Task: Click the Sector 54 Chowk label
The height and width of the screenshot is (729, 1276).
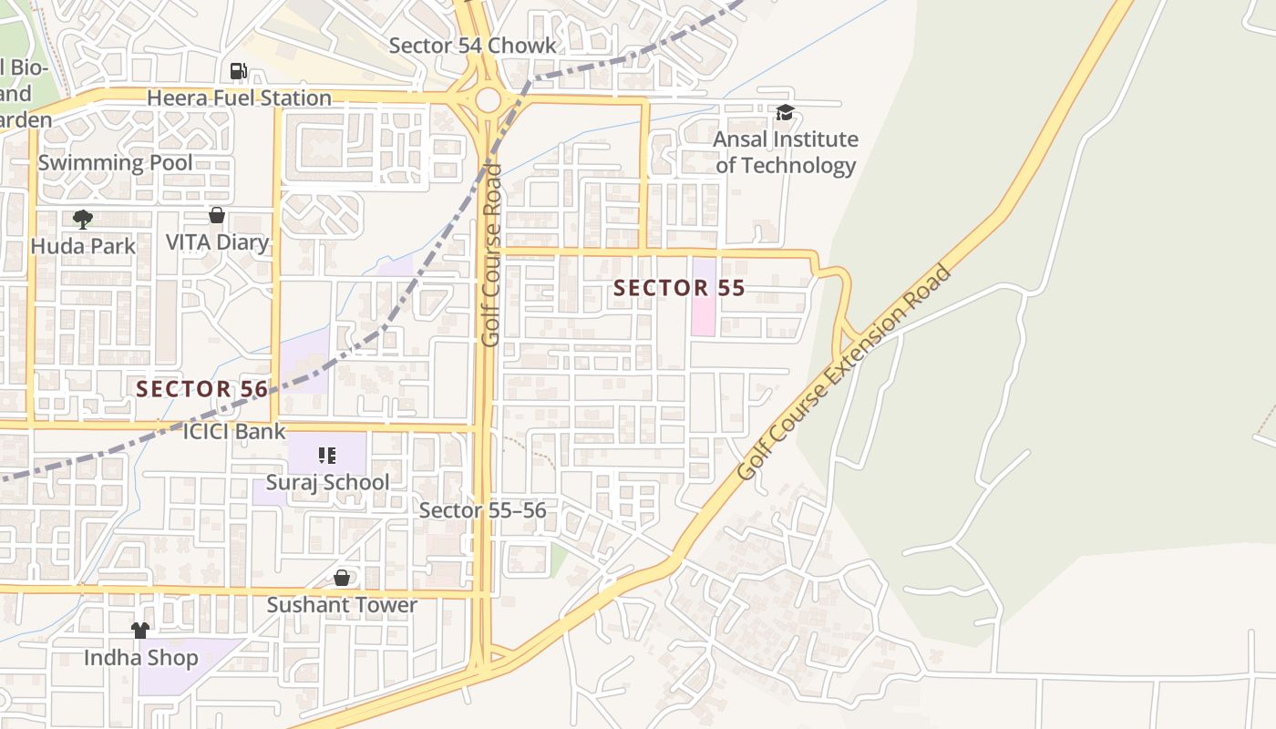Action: tap(472, 46)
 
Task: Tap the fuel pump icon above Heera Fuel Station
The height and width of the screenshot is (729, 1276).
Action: tap(238, 70)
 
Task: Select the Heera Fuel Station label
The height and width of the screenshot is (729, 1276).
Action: tap(239, 98)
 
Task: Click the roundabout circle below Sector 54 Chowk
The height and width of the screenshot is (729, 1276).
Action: tap(489, 98)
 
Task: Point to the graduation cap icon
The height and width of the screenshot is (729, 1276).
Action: tap(785, 113)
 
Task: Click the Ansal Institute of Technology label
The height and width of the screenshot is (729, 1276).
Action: tap(785, 152)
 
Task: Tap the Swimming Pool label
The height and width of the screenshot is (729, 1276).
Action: tap(115, 163)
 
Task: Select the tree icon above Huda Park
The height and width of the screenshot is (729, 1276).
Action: tap(83, 219)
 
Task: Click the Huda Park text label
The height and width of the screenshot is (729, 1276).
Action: tap(83, 246)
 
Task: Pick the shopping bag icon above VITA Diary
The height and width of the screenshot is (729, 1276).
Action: tap(217, 215)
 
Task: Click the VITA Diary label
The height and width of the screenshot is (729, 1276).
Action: tap(217, 242)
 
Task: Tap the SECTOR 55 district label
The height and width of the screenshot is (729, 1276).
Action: tap(679, 289)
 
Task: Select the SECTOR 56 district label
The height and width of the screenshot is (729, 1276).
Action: tap(202, 389)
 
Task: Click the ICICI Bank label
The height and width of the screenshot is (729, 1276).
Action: tap(234, 431)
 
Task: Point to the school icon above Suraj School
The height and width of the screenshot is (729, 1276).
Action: tap(327, 455)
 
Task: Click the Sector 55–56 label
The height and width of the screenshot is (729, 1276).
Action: tap(482, 510)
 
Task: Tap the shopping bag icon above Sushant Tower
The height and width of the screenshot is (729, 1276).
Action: tap(342, 578)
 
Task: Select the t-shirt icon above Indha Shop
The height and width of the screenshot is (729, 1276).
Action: tap(140, 630)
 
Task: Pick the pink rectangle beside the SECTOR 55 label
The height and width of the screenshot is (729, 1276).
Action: tap(704, 297)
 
